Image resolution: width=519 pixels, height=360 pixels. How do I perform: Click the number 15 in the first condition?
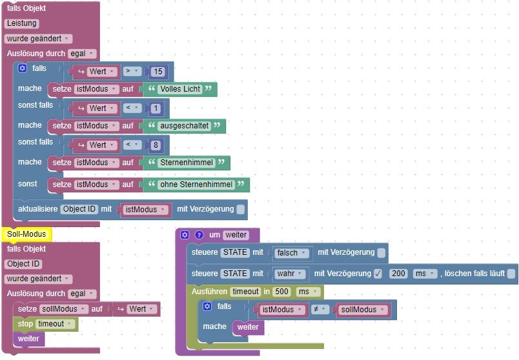click(158, 71)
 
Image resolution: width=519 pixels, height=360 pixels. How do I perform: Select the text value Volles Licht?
click(179, 89)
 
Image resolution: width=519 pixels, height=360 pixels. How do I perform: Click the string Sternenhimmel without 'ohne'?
click(186, 163)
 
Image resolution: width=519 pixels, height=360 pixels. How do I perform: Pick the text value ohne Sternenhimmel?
click(196, 185)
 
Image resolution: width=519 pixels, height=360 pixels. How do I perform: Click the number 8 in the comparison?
click(156, 145)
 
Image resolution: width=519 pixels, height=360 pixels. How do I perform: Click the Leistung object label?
click(22, 23)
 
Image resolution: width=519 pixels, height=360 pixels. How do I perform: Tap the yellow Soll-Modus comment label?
click(26, 234)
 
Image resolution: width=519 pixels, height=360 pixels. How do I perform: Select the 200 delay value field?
click(399, 274)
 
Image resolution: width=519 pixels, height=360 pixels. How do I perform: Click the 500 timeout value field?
click(281, 292)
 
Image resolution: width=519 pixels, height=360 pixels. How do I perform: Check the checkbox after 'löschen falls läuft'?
click(511, 274)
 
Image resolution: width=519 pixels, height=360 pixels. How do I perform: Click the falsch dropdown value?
click(290, 253)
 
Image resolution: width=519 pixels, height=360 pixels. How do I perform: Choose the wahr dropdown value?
click(290, 274)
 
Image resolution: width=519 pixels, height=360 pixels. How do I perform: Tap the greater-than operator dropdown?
click(132, 71)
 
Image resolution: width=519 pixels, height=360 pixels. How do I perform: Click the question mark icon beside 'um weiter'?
click(199, 235)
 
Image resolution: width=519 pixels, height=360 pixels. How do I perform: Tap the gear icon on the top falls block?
click(22, 68)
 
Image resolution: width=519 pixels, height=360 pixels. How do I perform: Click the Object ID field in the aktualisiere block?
click(79, 209)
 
